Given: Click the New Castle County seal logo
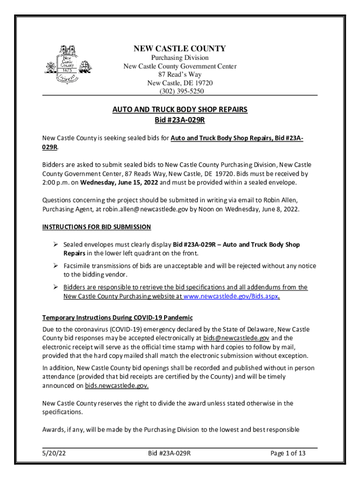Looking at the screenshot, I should (x=65, y=63).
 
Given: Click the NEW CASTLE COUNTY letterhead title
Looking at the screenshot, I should (x=180, y=49).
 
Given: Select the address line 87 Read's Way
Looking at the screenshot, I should (x=180, y=75).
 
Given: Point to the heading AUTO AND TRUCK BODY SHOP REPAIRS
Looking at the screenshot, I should (x=180, y=110).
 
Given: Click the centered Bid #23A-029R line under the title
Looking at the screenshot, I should (x=180, y=121).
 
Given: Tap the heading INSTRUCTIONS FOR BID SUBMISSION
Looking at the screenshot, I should (x=97, y=227).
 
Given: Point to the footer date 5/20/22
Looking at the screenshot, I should (x=52, y=453).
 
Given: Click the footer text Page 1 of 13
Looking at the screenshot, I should (x=288, y=453).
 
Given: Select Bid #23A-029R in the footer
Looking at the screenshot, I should (x=169, y=453).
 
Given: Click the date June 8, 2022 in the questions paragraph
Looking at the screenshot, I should (x=280, y=209).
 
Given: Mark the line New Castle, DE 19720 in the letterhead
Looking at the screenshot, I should (x=180, y=83).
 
